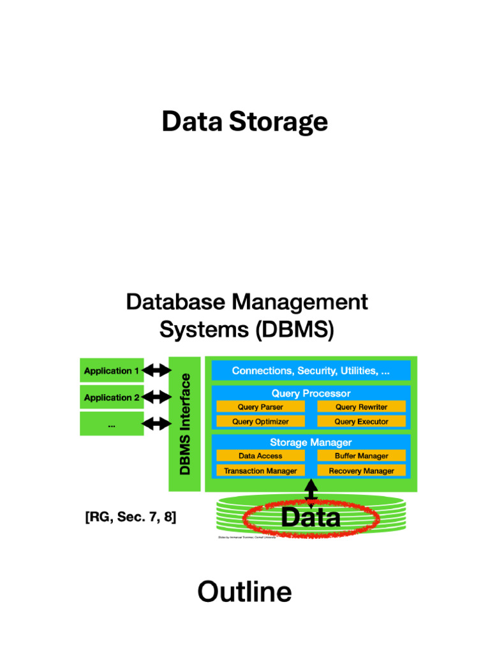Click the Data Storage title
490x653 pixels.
coord(244,122)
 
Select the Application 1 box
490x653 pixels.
coord(112,371)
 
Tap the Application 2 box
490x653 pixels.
coord(112,397)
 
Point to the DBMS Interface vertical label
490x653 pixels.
coord(184,423)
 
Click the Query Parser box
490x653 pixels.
coord(260,407)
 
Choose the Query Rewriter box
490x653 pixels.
coord(361,407)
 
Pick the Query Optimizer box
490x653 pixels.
coord(260,422)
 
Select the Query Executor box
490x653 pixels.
coord(361,422)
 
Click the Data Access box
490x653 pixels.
coord(260,456)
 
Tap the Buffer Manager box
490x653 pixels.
coord(361,456)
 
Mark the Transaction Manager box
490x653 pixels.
coord(260,471)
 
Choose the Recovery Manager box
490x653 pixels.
coord(361,471)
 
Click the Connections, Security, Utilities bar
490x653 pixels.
coord(311,371)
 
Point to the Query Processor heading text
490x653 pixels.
coord(311,393)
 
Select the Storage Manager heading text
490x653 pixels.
coord(311,442)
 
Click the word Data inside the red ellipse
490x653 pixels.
coord(311,517)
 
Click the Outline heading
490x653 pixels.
coord(244,592)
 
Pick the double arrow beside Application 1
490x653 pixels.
coord(157,371)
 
